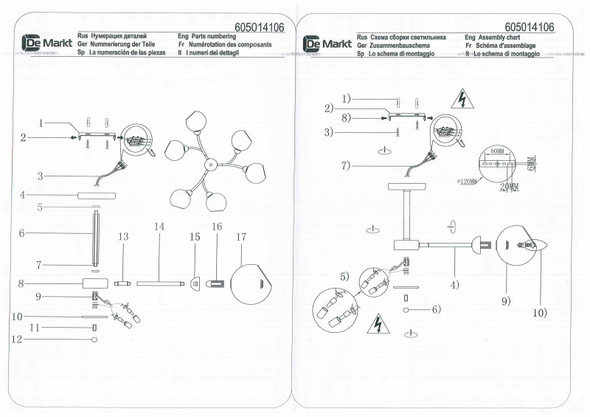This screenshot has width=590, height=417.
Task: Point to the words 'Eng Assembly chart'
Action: point(493,35)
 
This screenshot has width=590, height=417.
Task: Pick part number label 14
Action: point(159,227)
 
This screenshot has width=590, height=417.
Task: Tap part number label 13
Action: point(123,236)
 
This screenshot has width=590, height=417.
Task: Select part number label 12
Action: point(18,340)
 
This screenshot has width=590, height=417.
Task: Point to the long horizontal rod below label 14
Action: point(159,281)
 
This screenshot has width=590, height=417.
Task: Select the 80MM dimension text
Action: point(498,151)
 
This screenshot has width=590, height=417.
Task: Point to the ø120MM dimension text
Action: point(467,180)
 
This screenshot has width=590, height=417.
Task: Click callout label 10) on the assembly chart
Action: point(539,311)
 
